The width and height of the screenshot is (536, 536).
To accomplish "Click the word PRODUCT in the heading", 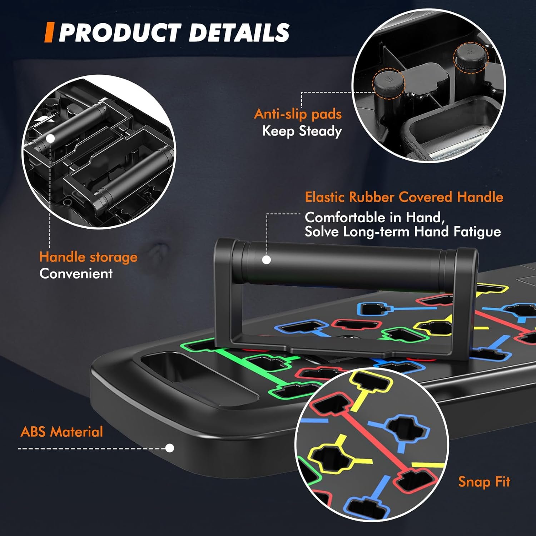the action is click(120, 33).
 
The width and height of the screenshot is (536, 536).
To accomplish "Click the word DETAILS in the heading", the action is click(239, 33).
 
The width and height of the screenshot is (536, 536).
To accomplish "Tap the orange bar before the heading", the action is click(49, 33).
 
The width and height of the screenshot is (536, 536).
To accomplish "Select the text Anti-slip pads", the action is click(298, 114).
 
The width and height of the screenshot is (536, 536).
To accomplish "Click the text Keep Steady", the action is click(302, 131).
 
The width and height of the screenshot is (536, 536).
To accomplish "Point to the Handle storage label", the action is click(88, 257).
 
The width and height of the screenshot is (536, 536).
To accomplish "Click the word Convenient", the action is click(76, 274).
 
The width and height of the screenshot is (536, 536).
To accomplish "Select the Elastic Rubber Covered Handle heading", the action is click(404, 197).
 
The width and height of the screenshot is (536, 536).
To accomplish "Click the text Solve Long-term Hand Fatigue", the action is click(403, 232).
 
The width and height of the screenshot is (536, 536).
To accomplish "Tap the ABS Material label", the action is click(62, 432).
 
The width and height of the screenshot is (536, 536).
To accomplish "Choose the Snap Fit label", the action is click(484, 482).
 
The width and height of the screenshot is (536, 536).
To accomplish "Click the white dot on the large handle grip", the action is click(266, 260).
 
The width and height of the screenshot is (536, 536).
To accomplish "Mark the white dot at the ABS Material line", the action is click(170, 448).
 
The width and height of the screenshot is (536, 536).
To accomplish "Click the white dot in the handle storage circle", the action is click(50, 139).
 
